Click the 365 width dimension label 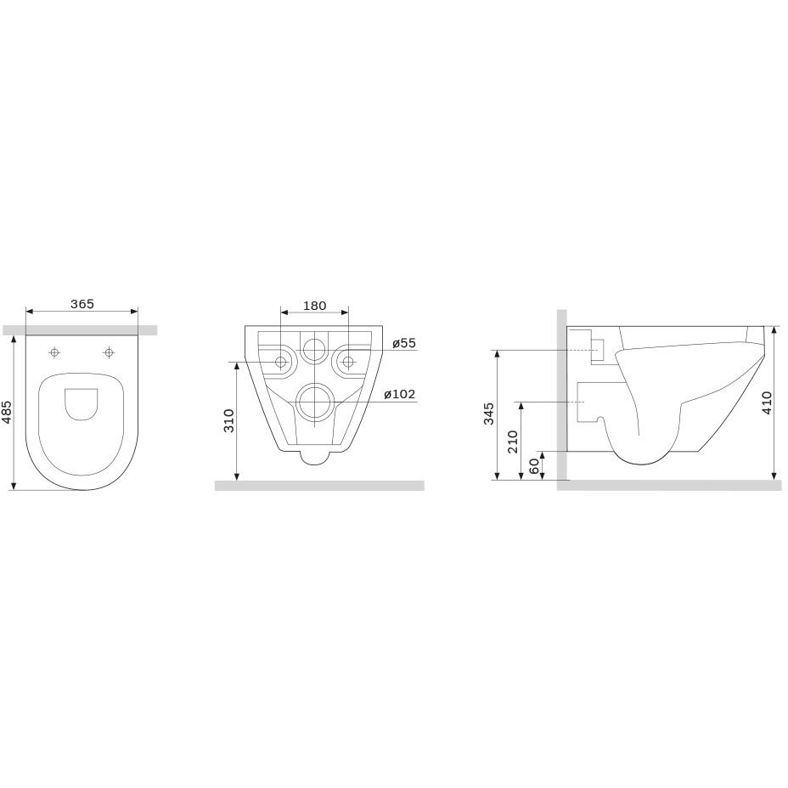tap(82, 304)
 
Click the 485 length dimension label tap(8, 412)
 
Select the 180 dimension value tap(314, 306)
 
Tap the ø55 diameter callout tap(404, 343)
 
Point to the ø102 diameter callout tap(400, 394)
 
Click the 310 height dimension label tap(229, 420)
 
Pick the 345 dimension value tap(489, 414)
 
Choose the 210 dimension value tap(513, 442)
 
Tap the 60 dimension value tap(534, 466)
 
